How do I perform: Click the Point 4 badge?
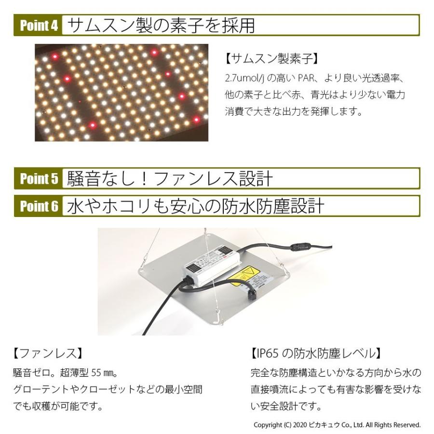coord(39,25)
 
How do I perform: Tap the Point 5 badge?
coord(39,178)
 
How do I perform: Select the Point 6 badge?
coord(39,206)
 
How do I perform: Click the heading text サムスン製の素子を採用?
coord(162,25)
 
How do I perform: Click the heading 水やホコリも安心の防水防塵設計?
coord(195,206)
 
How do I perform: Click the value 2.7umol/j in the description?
coord(245,78)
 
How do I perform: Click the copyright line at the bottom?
coord(337,425)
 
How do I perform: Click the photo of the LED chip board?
coord(122,93)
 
